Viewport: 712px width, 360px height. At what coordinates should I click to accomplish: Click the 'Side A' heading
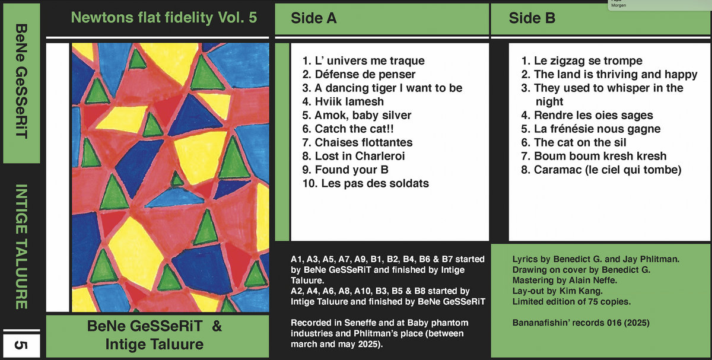[x=313, y=18]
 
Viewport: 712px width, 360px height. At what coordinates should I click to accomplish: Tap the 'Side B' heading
[x=532, y=18]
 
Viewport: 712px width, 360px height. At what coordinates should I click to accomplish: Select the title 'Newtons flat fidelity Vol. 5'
[x=164, y=17]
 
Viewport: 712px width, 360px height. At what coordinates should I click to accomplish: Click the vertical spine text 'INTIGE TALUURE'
[x=21, y=247]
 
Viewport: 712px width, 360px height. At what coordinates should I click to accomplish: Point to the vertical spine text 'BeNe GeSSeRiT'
[x=21, y=81]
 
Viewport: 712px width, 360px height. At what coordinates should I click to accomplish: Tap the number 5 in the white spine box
[x=21, y=345]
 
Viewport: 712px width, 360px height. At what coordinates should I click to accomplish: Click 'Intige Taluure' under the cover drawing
[x=154, y=345]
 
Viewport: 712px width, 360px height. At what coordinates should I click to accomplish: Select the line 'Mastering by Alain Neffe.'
[x=564, y=281]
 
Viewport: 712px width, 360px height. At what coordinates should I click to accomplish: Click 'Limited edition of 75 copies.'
[x=571, y=301]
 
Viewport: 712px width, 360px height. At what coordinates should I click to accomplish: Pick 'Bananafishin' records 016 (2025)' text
[x=581, y=323]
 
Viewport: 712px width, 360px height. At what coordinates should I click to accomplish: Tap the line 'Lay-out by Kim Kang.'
[x=557, y=291]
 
